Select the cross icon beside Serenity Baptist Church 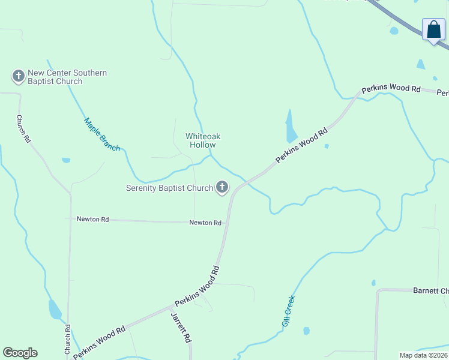[222, 188]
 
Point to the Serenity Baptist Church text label [169, 188]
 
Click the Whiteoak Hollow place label [200, 140]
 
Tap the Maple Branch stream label [101, 134]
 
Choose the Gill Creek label [289, 310]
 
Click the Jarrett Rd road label [181, 327]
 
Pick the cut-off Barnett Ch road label [430, 291]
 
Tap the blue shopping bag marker [433, 29]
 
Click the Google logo [20, 353]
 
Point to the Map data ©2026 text [424, 355]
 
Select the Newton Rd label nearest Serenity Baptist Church [205, 223]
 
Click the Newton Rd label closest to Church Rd [92, 220]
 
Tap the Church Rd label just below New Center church [23, 128]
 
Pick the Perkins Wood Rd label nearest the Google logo [99, 342]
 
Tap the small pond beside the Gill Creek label [307, 331]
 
